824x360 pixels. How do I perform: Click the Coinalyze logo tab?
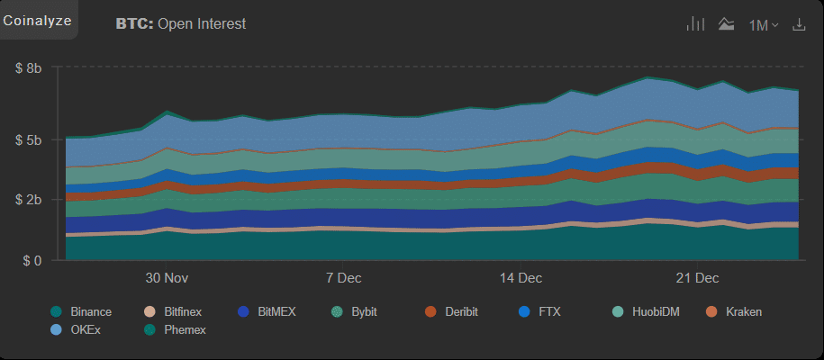pos(38,20)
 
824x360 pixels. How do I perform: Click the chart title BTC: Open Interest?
pos(180,24)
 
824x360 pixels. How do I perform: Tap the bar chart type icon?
pos(694,24)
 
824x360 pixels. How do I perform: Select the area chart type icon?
pos(726,24)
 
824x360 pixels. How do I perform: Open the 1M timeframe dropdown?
pos(763,25)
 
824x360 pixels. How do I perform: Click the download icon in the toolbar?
pos(798,24)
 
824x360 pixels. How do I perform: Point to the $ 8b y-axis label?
pos(29,67)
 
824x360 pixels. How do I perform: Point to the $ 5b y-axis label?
pos(29,140)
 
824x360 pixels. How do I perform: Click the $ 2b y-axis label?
pos(29,199)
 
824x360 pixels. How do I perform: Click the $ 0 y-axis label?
pos(33,261)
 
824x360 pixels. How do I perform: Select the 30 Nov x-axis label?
pos(167,277)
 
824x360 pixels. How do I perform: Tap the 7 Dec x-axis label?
pos(344,277)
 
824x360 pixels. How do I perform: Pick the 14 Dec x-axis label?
pos(521,277)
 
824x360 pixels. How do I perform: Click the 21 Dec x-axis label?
pos(697,277)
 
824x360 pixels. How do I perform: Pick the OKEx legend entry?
pos(77,330)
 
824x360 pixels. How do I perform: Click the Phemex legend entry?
pos(177,330)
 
